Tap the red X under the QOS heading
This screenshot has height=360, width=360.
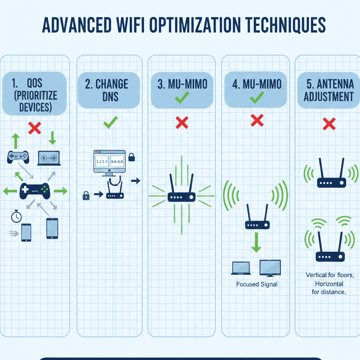[35, 129]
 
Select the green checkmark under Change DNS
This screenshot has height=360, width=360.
[111, 123]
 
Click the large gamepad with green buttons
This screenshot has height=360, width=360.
[35, 190]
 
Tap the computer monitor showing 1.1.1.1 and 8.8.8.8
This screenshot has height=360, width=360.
[109, 163]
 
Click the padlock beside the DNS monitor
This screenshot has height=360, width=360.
[131, 157]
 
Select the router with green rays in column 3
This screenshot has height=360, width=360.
[181, 192]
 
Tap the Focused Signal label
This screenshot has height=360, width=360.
[256, 284]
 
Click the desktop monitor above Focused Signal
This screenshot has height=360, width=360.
[270, 268]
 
